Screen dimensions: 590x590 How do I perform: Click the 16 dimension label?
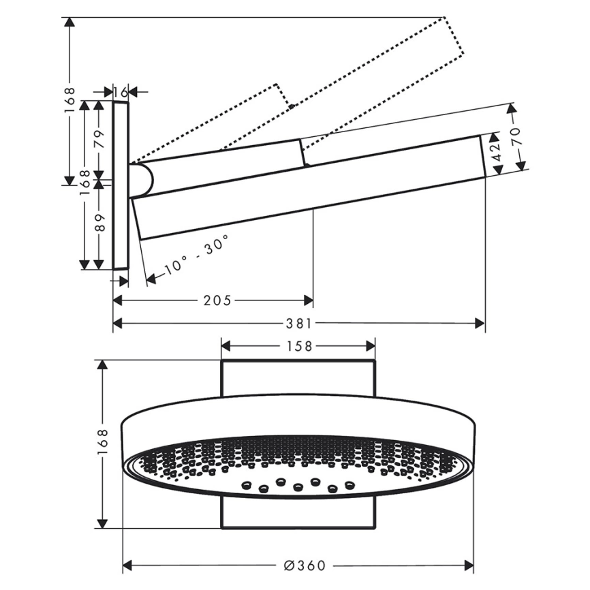(x=121, y=92)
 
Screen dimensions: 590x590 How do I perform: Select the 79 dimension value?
(x=99, y=139)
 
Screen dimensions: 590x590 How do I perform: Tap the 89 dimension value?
(x=99, y=222)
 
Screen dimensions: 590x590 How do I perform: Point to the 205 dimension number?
(x=217, y=300)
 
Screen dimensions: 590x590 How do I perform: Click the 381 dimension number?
(x=299, y=323)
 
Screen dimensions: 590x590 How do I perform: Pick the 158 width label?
(x=300, y=346)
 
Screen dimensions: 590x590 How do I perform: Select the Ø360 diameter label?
(x=305, y=565)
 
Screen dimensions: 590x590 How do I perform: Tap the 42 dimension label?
(x=497, y=152)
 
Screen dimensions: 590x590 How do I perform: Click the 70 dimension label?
(x=516, y=136)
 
